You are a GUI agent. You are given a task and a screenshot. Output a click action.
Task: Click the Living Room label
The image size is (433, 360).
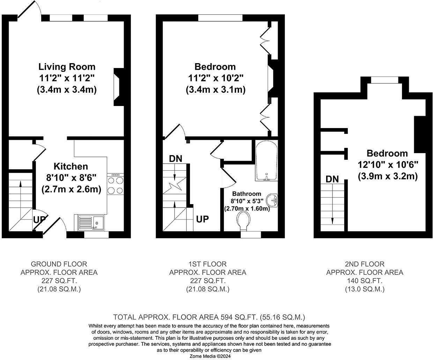(67, 67)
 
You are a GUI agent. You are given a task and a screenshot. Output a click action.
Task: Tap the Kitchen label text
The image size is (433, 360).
(71, 166)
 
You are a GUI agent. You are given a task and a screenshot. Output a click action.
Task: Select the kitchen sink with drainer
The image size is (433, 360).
(91, 223)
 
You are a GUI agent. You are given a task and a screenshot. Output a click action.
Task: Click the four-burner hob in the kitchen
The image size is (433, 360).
(116, 184)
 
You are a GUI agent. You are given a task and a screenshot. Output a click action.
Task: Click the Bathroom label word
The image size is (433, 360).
(247, 194)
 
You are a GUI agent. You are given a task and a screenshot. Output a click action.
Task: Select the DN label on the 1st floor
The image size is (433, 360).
(176, 159)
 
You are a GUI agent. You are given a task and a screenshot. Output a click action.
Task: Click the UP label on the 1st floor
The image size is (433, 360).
(203, 219)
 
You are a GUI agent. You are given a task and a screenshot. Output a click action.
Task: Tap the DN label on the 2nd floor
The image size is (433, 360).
(332, 179)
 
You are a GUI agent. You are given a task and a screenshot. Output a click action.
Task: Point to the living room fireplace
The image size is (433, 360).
(119, 87)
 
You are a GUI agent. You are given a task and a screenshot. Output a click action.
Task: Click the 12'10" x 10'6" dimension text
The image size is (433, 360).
(388, 165)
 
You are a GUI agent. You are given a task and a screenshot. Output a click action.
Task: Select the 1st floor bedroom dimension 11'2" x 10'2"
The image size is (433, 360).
(216, 78)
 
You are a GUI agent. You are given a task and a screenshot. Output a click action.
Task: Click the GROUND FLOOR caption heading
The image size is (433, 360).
(59, 264)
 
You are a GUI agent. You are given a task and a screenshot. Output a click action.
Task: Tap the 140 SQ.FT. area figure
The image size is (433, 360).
(365, 281)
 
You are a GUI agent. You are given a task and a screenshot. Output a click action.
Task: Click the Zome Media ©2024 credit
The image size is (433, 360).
(210, 356)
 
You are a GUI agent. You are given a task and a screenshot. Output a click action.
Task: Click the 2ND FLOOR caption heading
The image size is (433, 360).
(365, 264)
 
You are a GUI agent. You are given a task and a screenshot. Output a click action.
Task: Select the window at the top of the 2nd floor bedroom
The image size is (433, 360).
(385, 80)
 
